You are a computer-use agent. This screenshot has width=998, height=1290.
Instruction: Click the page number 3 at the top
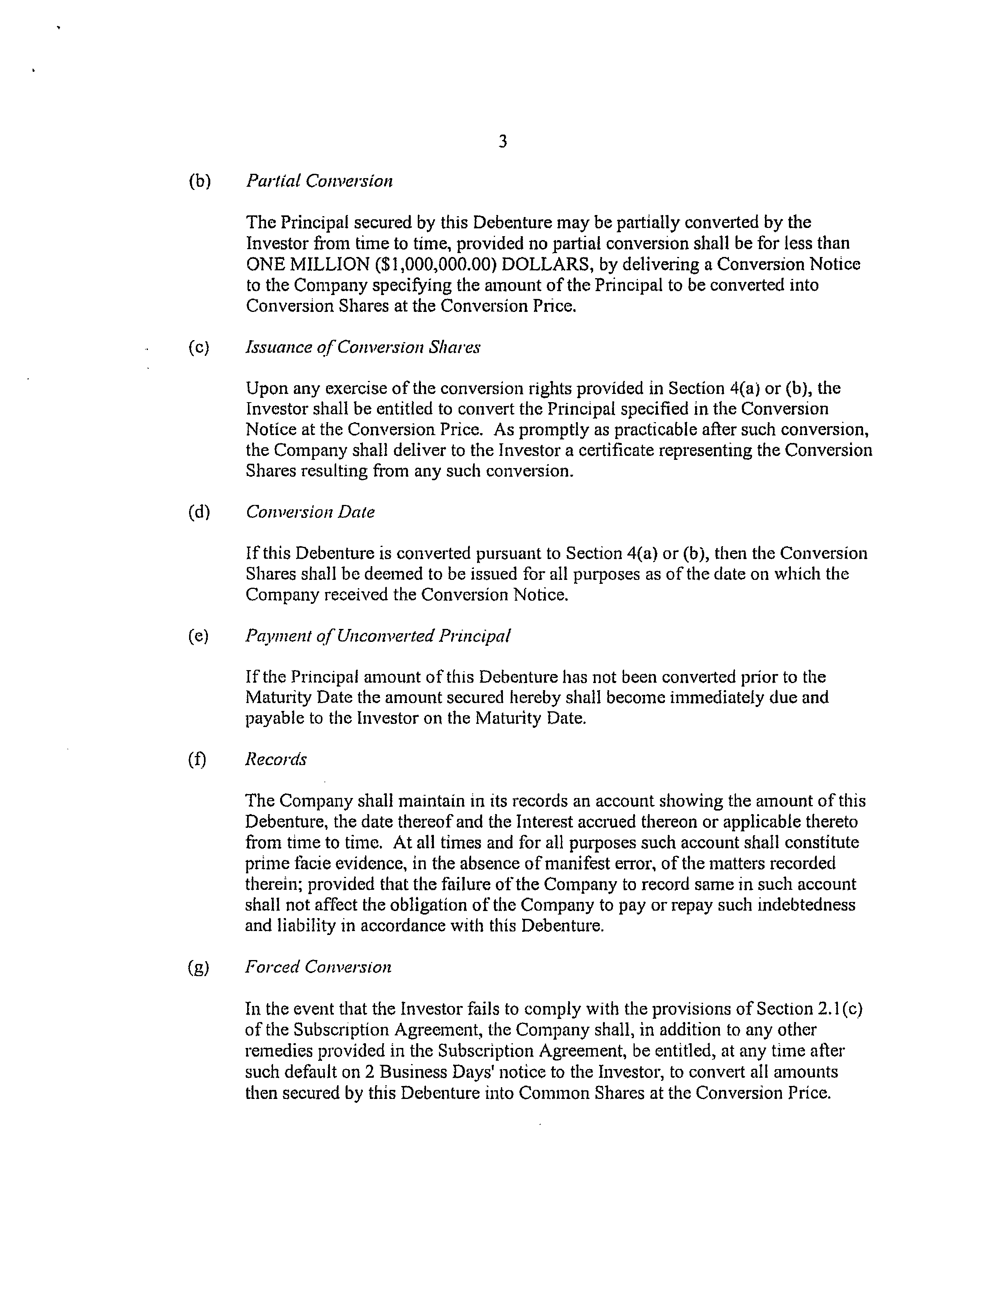[x=502, y=142]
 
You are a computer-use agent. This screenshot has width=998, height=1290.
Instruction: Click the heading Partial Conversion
[x=319, y=181]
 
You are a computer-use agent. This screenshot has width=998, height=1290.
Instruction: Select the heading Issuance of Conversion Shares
[x=362, y=347]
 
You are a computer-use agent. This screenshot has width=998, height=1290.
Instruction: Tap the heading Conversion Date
[x=310, y=512]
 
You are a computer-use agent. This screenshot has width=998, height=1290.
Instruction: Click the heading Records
[x=276, y=760]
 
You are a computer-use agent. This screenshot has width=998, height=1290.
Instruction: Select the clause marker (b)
[x=199, y=181]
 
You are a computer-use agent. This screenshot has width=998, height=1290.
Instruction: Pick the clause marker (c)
[x=199, y=347]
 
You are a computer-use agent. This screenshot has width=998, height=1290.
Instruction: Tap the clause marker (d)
[x=199, y=512]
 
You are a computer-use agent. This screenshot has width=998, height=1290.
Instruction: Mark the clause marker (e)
[x=199, y=636]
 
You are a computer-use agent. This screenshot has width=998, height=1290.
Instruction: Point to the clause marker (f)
[x=198, y=760]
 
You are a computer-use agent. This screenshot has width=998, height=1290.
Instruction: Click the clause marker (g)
[x=199, y=967]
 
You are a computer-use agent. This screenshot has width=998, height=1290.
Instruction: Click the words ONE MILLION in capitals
[x=307, y=264]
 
